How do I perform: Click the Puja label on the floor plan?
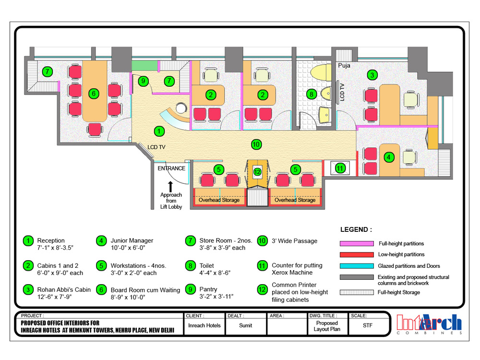tap(344, 65)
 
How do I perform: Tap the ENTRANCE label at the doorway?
tap(171, 168)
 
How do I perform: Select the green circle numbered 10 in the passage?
tap(256, 144)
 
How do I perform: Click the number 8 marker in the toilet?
tap(312, 94)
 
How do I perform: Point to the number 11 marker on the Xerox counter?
tap(340, 168)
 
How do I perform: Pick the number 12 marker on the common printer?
tap(257, 172)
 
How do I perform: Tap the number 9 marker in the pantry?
tap(143, 81)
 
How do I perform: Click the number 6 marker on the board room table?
tap(94, 94)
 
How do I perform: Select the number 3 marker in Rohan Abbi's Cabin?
tap(372, 75)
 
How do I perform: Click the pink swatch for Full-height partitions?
tap(357, 244)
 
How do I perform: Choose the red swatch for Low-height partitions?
tap(357, 255)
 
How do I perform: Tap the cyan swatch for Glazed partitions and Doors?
tap(357, 266)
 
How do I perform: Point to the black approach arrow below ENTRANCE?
tap(170, 187)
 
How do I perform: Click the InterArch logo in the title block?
tap(429, 324)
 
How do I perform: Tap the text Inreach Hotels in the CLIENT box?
tap(204, 325)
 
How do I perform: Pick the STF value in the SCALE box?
tap(367, 325)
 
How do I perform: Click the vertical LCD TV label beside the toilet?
tap(342, 92)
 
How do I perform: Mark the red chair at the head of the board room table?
tap(94, 130)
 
